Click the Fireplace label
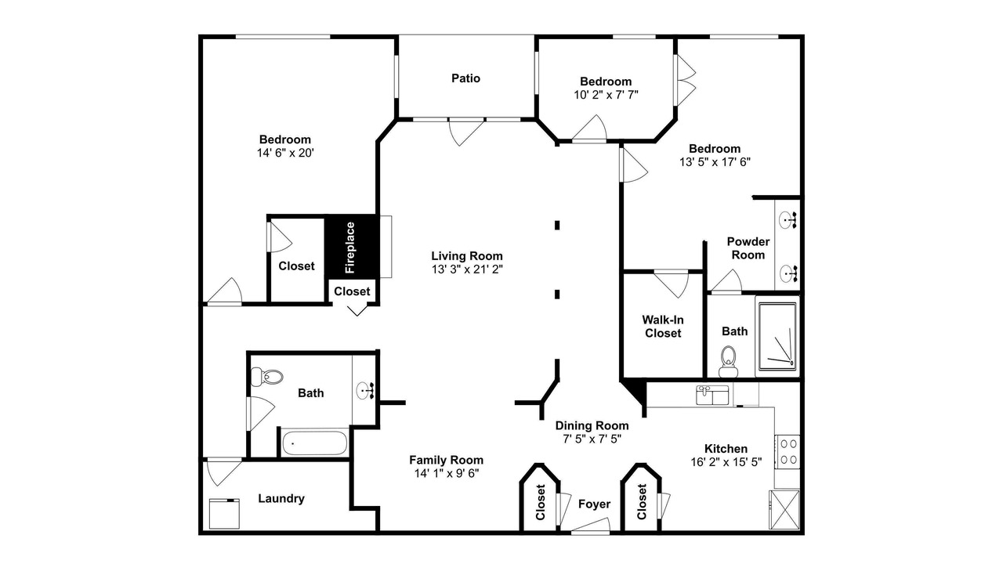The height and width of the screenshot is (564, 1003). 349,248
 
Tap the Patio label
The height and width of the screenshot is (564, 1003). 465,78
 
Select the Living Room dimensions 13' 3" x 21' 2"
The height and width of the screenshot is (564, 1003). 467,269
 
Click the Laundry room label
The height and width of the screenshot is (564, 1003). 281,499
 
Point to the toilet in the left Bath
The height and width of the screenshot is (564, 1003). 266,377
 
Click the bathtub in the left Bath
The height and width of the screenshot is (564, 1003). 314,443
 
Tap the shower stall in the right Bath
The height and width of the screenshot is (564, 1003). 778,337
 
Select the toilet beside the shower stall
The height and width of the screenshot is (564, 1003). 729,362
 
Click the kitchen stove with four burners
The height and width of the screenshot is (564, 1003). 788,452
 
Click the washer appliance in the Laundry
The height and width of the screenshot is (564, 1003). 224,514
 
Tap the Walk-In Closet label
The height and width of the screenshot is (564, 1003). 663,327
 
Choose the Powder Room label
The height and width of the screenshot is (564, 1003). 748,248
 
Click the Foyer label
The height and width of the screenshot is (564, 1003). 594,504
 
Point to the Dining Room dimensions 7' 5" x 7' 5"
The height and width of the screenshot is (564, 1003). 592,439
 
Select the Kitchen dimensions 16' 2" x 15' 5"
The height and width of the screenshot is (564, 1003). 726,462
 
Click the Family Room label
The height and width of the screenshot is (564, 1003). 447,460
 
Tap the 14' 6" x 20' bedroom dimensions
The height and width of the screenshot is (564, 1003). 285,153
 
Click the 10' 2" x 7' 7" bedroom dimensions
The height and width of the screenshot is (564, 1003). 606,95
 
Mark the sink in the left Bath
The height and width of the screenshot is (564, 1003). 365,391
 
